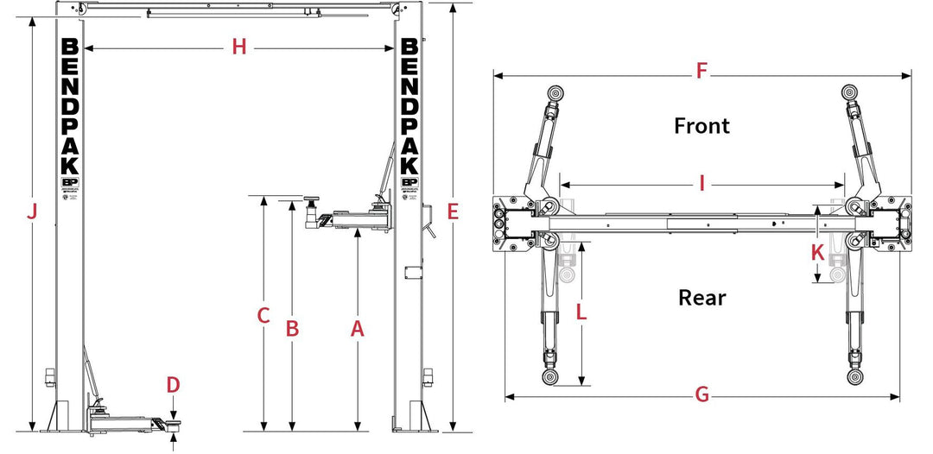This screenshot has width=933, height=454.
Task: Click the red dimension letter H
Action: (239, 48)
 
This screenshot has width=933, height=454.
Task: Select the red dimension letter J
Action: (32, 211)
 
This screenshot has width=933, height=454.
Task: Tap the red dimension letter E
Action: (453, 211)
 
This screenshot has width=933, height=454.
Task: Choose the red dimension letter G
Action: (702, 395)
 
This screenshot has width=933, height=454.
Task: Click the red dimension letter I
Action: (702, 184)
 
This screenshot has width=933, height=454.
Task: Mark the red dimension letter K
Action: (817, 252)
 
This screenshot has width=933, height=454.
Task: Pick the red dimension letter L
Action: (581, 312)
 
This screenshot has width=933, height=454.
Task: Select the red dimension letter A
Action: (358, 329)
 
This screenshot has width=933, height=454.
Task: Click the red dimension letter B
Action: (293, 329)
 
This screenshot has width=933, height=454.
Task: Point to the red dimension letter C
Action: (264, 316)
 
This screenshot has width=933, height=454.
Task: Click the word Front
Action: (701, 126)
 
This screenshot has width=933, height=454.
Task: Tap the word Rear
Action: (701, 298)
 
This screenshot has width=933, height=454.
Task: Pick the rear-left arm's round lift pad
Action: (550, 378)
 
